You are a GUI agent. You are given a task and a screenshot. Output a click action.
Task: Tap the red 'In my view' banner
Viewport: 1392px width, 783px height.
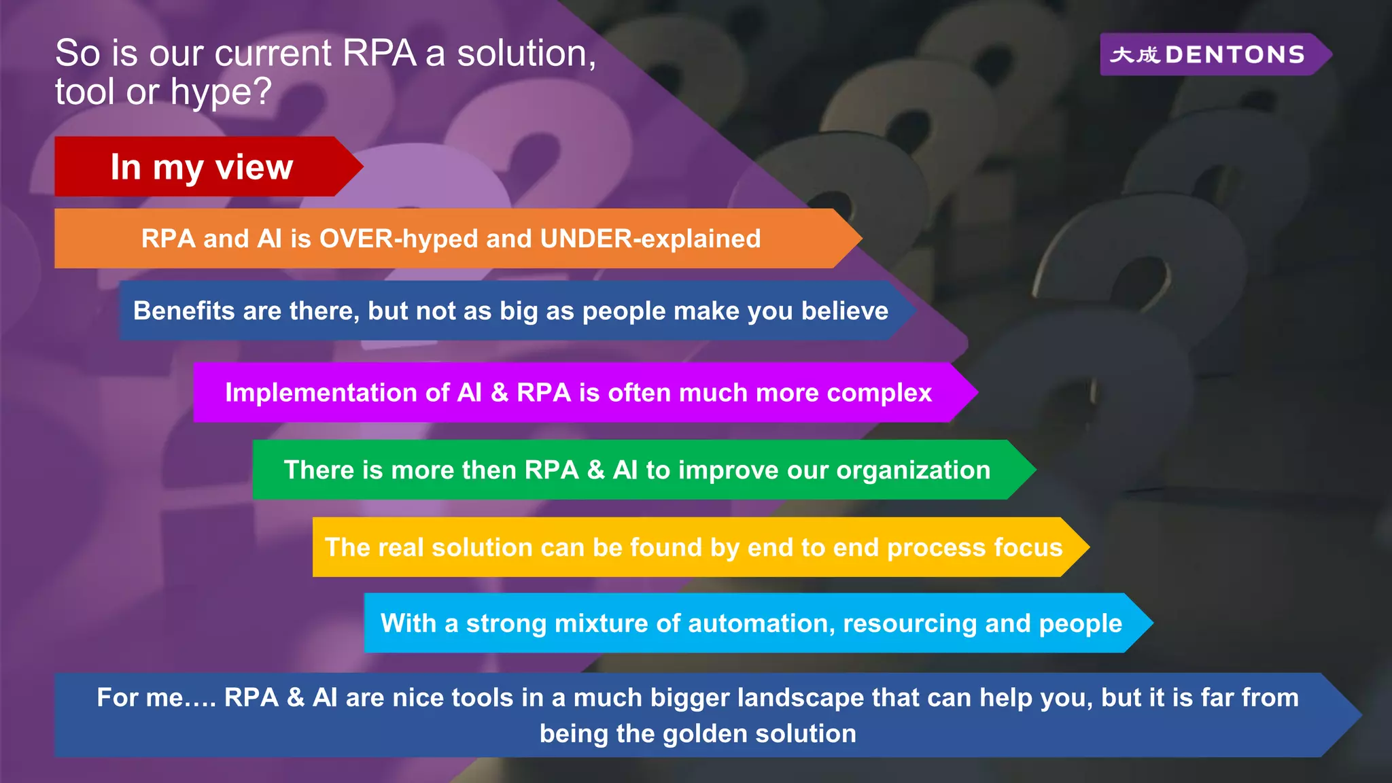202,167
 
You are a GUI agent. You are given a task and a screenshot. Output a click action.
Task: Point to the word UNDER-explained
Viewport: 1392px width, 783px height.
650,239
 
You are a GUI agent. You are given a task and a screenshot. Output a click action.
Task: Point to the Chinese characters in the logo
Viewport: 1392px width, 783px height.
1134,54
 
